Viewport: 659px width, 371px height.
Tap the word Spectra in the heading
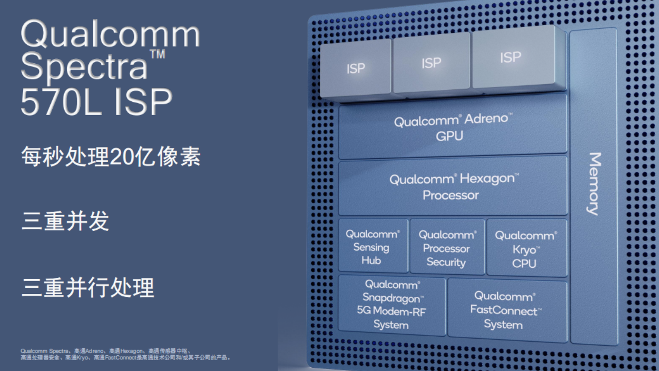click(84, 67)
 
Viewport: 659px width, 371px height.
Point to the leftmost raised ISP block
click(355, 68)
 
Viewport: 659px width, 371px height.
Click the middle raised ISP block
click(431, 63)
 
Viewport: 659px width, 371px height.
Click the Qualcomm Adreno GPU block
click(453, 128)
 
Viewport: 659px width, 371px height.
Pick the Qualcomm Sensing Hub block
click(373, 246)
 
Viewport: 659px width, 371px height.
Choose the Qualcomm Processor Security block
click(447, 247)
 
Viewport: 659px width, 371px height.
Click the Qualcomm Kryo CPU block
click(527, 248)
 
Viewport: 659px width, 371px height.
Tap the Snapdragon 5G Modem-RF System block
click(392, 305)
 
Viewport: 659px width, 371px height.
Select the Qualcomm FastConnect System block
click(507, 310)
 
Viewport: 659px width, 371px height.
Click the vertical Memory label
click(594, 184)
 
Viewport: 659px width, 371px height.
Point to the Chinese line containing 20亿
click(111, 156)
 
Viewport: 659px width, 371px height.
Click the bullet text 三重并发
click(65, 221)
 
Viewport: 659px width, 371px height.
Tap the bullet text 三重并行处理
click(88, 287)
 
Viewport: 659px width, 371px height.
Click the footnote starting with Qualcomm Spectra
click(125, 354)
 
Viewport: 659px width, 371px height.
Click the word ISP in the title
click(143, 101)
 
